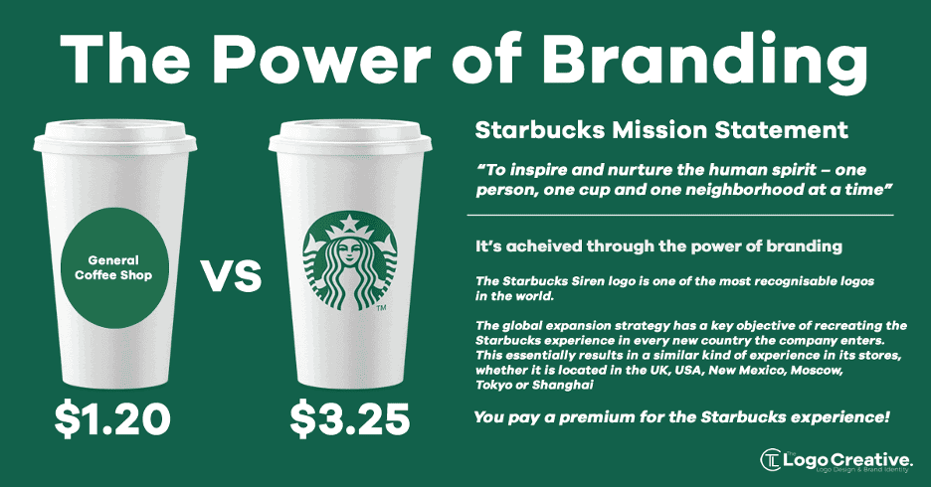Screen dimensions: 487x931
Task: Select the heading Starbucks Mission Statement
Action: pos(661,130)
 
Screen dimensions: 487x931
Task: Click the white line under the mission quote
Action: pos(680,215)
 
